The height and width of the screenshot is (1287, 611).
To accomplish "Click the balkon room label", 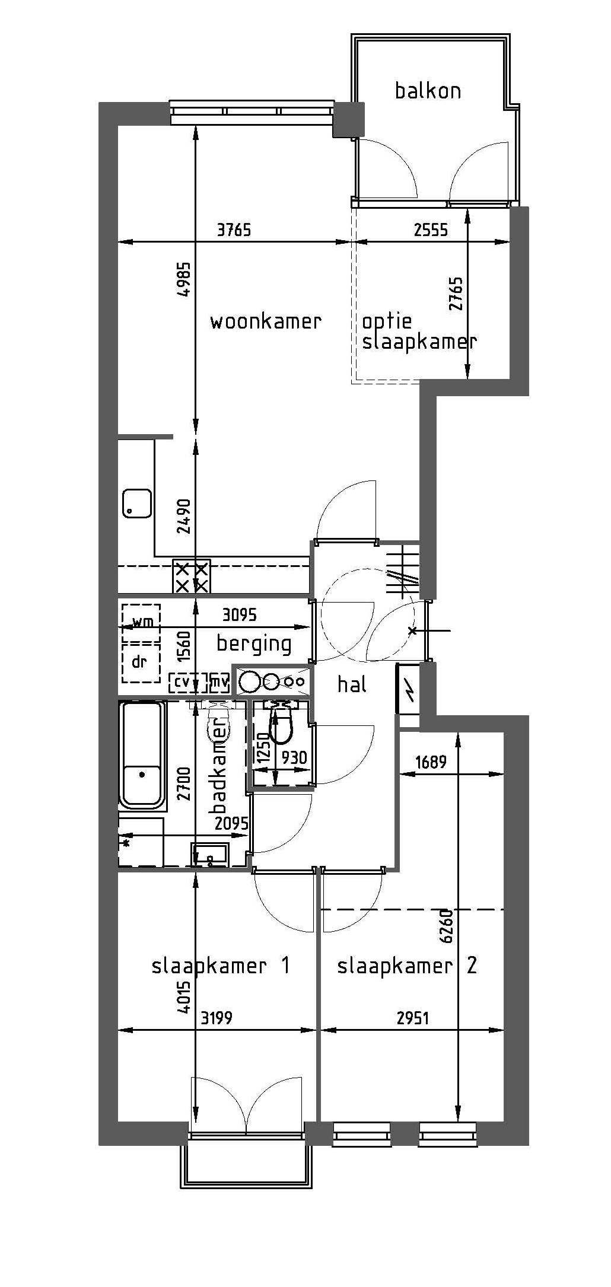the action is [x=428, y=91].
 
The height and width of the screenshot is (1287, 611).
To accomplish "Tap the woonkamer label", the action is [x=266, y=321].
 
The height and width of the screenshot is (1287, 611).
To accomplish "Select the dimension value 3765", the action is [x=234, y=229].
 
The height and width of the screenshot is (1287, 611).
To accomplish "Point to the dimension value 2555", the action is [x=431, y=229].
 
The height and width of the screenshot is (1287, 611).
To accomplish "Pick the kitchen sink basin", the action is [x=137, y=504].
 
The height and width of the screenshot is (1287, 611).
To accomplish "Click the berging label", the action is [x=254, y=644].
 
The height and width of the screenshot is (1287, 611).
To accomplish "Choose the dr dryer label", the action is [x=139, y=661].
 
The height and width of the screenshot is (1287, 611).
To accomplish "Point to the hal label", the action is [x=352, y=684].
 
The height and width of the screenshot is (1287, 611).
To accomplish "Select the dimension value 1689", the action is [x=431, y=762].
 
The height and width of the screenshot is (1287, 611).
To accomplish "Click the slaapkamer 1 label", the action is [x=221, y=966].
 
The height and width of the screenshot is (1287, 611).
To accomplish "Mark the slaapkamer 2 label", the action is [x=407, y=966].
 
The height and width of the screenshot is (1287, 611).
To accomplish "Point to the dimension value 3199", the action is [x=217, y=1018].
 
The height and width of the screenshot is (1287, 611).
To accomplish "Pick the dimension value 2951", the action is [x=412, y=1018].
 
